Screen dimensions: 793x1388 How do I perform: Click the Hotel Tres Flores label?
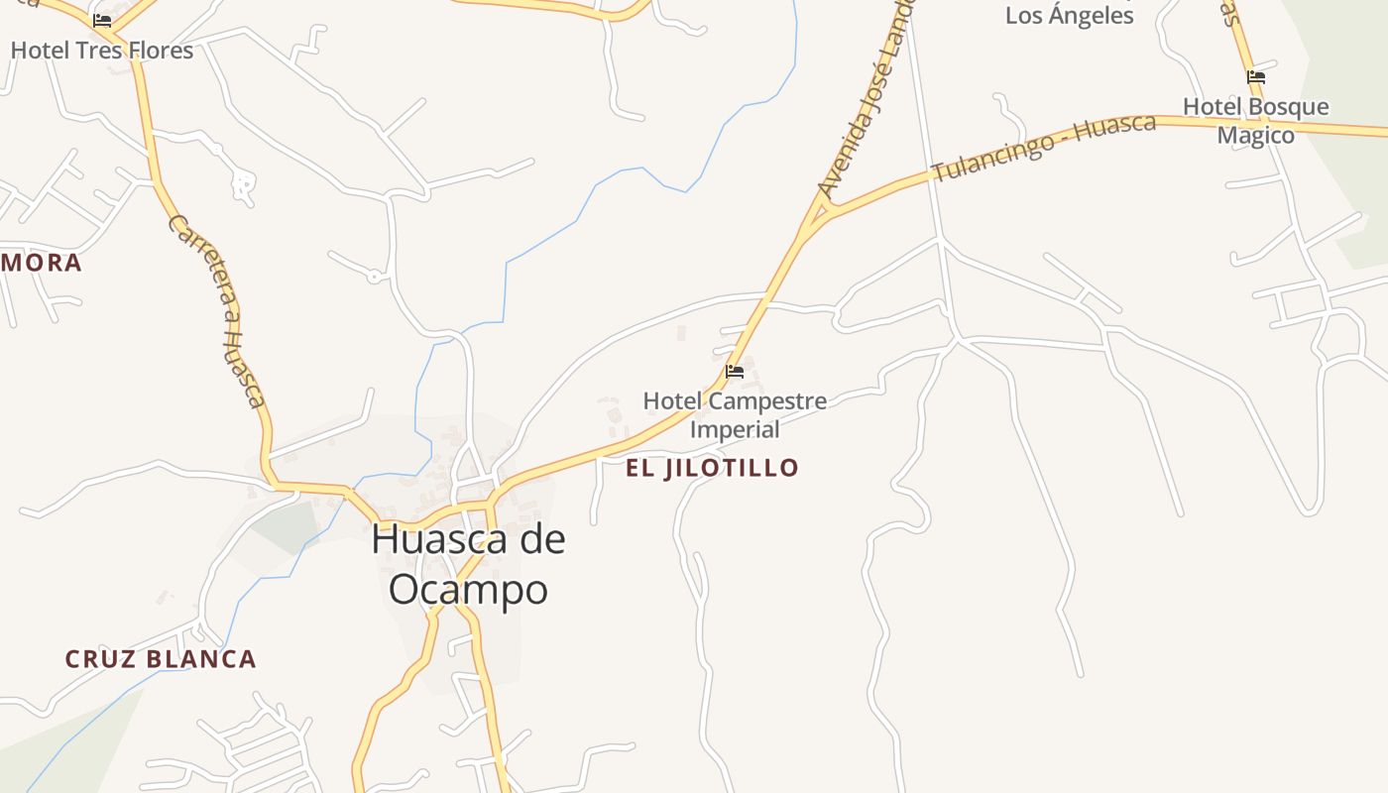click(102, 50)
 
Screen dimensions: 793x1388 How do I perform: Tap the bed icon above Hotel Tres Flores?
click(102, 20)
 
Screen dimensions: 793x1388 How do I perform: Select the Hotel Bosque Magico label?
click(1256, 121)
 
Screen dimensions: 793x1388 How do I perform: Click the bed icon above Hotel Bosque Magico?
click(1256, 76)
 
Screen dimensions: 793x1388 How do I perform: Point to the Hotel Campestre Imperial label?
click(735, 415)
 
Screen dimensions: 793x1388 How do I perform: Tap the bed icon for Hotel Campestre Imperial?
click(735, 372)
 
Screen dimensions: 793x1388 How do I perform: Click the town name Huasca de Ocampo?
click(468, 564)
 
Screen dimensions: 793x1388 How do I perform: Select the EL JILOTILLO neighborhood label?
click(712, 468)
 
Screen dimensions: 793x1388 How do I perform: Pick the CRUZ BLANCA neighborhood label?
click(161, 659)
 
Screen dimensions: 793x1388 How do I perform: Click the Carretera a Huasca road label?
click(218, 310)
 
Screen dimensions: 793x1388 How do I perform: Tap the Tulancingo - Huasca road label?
click(1044, 148)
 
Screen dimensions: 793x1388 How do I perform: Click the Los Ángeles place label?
click(1069, 16)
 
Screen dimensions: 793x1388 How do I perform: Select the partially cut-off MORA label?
click(41, 263)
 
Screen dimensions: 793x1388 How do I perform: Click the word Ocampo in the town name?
click(468, 589)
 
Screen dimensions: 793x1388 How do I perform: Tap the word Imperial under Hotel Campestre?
click(735, 429)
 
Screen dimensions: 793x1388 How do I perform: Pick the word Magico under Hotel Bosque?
click(1256, 136)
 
